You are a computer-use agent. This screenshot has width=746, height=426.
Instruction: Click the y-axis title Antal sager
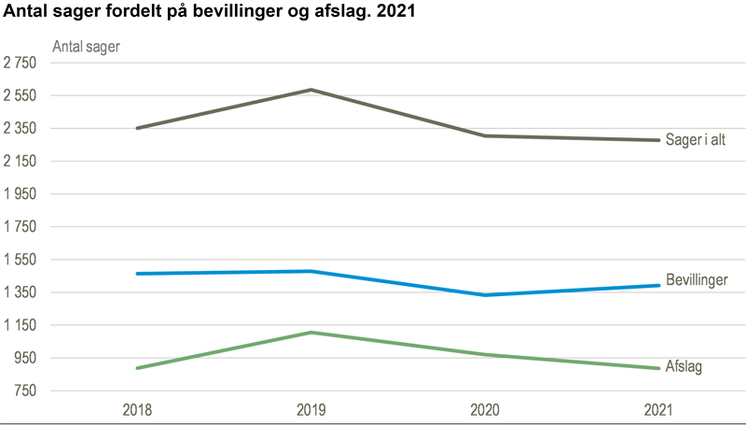click(86, 46)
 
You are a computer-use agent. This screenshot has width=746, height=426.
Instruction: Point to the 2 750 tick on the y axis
click(20, 64)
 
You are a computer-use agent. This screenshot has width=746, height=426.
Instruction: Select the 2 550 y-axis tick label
click(20, 96)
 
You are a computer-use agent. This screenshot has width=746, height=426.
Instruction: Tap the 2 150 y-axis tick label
click(20, 162)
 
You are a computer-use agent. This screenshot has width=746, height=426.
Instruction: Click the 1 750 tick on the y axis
click(20, 227)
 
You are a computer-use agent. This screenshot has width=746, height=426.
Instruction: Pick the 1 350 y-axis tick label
click(20, 292)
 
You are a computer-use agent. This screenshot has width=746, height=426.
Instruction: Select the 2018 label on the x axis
click(137, 410)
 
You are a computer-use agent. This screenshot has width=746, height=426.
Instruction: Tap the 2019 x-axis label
click(311, 410)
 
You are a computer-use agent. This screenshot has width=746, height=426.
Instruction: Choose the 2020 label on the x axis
click(485, 410)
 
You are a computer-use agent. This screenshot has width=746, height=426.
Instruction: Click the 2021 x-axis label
click(657, 410)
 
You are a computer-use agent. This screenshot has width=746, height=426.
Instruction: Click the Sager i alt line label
click(695, 141)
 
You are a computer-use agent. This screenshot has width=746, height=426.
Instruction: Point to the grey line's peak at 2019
click(311, 90)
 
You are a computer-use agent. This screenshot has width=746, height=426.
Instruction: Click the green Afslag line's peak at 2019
click(311, 333)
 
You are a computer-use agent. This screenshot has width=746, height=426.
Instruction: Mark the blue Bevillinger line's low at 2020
click(485, 295)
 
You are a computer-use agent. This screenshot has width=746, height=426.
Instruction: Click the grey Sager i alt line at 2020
click(485, 136)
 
